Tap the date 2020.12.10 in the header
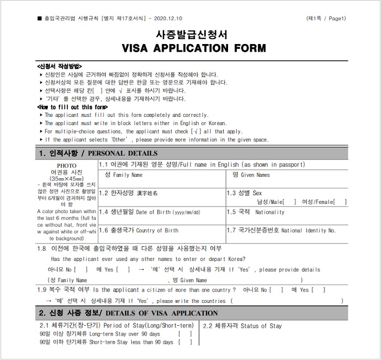click(167, 18)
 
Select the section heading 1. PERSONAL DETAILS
click(98, 153)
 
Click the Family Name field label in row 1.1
click(124, 175)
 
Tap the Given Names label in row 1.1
click(251, 175)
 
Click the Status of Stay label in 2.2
click(242, 326)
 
